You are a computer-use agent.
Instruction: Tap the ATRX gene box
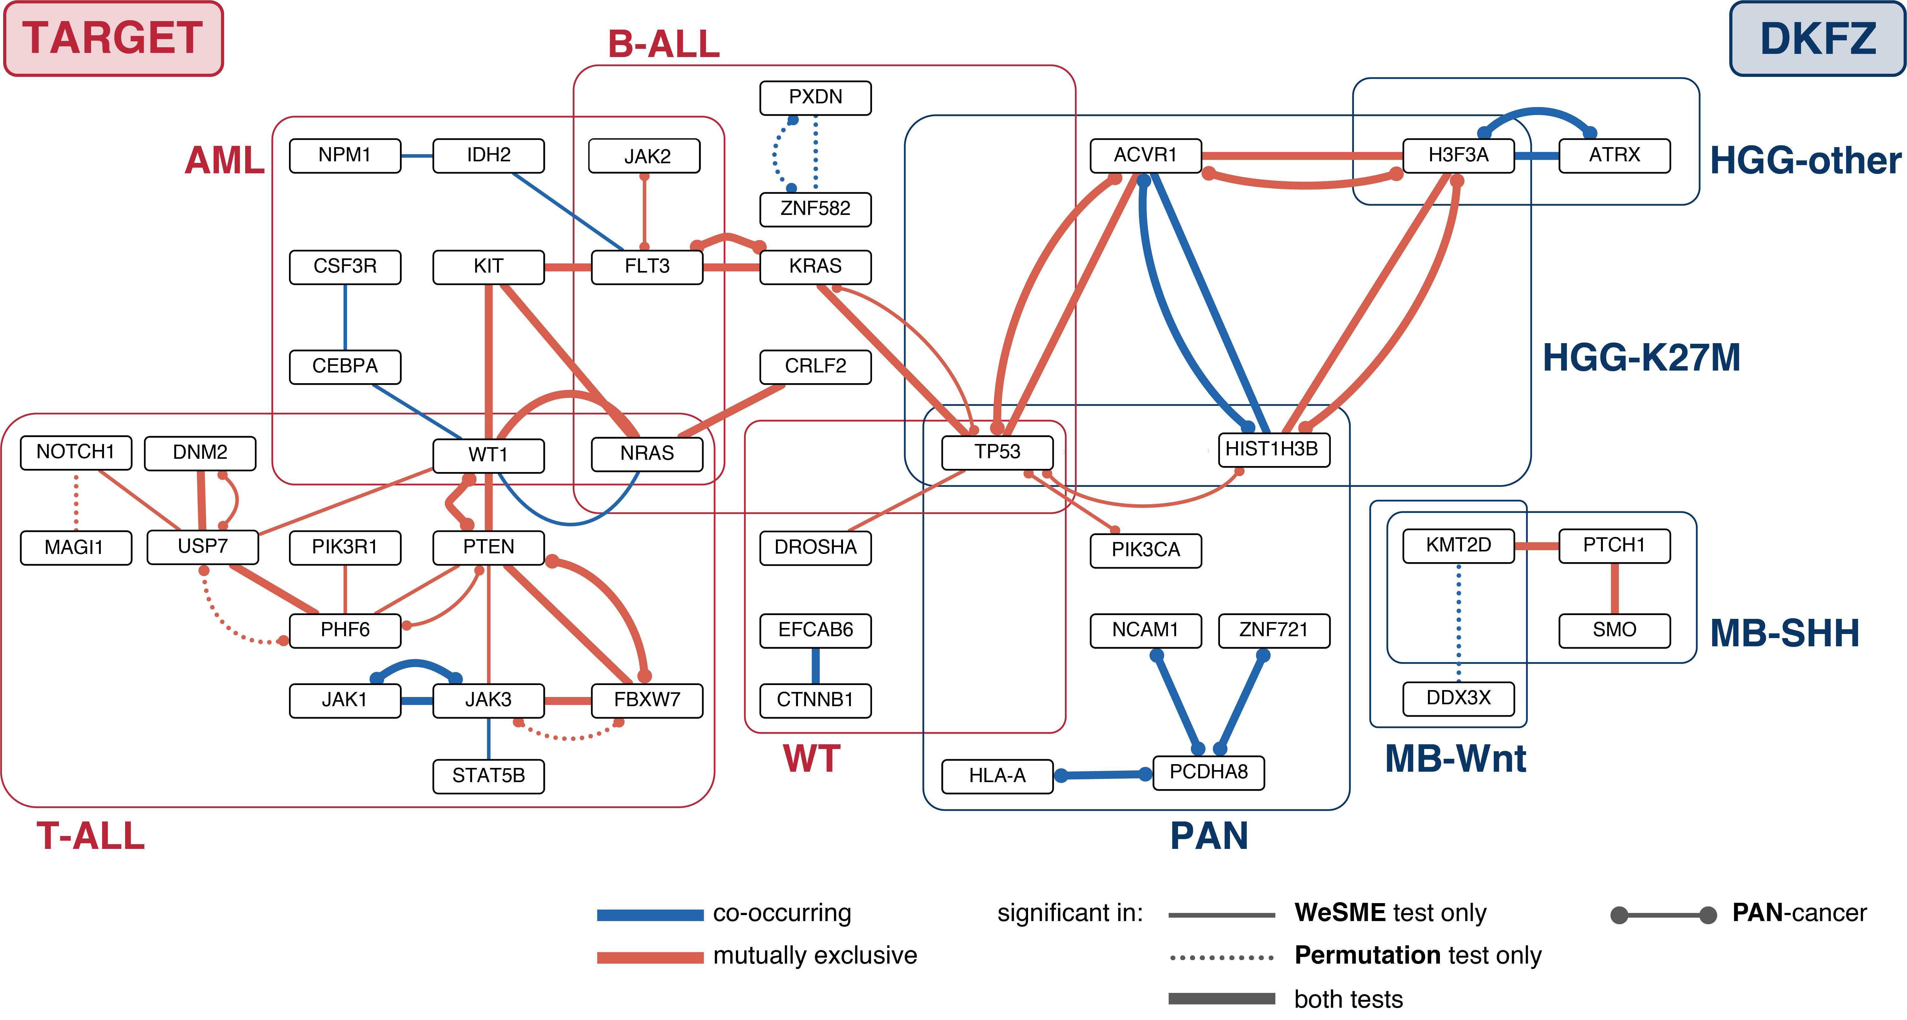coord(1614,155)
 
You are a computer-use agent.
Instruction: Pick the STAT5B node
coord(488,776)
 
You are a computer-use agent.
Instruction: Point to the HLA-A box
coord(997,776)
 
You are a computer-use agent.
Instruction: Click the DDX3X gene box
coord(1459,698)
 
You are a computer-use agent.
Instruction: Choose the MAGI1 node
coord(76,548)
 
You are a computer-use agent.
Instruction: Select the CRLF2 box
coord(815,366)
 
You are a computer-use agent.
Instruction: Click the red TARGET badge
coord(113,38)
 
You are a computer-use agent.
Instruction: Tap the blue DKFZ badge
coord(1817,38)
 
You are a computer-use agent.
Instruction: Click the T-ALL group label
coord(90,836)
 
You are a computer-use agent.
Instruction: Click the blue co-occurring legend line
coord(650,915)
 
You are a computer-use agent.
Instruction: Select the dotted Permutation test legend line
coord(1222,958)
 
